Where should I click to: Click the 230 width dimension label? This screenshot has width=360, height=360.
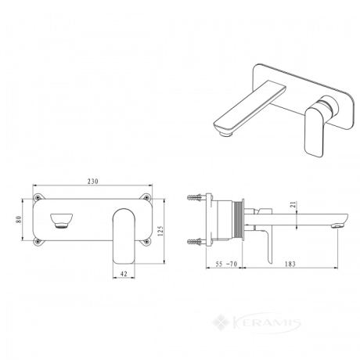(x=92, y=181)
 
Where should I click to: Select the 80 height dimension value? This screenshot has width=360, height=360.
(x=18, y=220)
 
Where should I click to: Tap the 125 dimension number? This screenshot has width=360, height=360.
(x=160, y=231)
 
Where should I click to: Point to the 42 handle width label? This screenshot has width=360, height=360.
(x=124, y=274)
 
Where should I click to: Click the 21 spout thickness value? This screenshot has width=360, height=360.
(x=293, y=204)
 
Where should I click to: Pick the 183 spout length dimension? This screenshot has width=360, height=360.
(x=290, y=264)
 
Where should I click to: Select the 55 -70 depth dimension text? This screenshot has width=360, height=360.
(x=226, y=264)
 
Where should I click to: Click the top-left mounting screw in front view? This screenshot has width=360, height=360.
(x=38, y=197)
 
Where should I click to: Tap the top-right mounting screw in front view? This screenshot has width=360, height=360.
(x=147, y=197)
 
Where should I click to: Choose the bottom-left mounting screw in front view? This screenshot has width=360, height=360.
(x=38, y=242)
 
